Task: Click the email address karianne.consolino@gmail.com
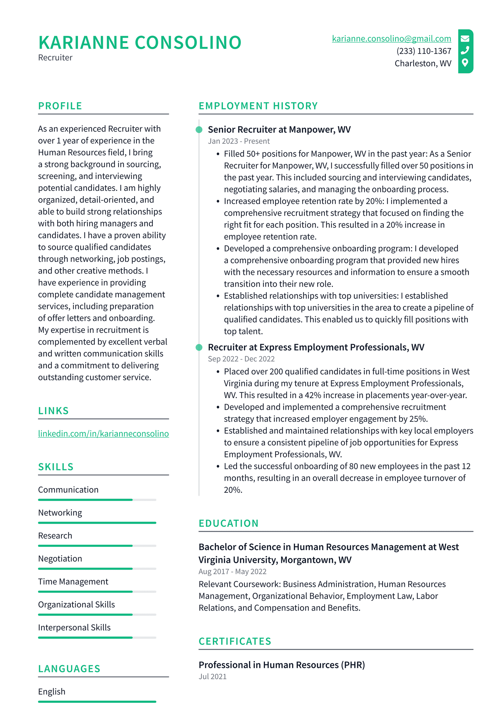pyautogui.click(x=391, y=39)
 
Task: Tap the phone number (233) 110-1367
pyautogui.click(x=423, y=51)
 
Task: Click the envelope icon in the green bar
pyautogui.click(x=465, y=39)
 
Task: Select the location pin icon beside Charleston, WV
pyautogui.click(x=465, y=63)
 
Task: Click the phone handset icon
pyautogui.click(x=465, y=50)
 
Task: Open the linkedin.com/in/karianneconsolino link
pyautogui.click(x=103, y=434)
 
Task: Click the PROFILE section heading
pyautogui.click(x=60, y=106)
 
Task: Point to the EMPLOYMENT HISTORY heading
pyautogui.click(x=258, y=106)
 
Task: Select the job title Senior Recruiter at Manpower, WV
pyautogui.click(x=279, y=130)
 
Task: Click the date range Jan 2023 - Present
pyautogui.click(x=239, y=141)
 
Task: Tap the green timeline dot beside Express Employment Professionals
pyautogui.click(x=199, y=347)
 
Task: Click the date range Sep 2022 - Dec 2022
pyautogui.click(x=241, y=359)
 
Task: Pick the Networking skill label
pyautogui.click(x=60, y=513)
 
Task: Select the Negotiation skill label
pyautogui.click(x=60, y=558)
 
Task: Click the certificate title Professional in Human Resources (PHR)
pyautogui.click(x=282, y=665)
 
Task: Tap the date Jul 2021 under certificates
pyautogui.click(x=213, y=676)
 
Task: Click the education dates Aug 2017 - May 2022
pyautogui.click(x=232, y=571)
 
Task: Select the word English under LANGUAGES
pyautogui.click(x=52, y=692)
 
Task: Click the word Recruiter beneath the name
pyautogui.click(x=55, y=58)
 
